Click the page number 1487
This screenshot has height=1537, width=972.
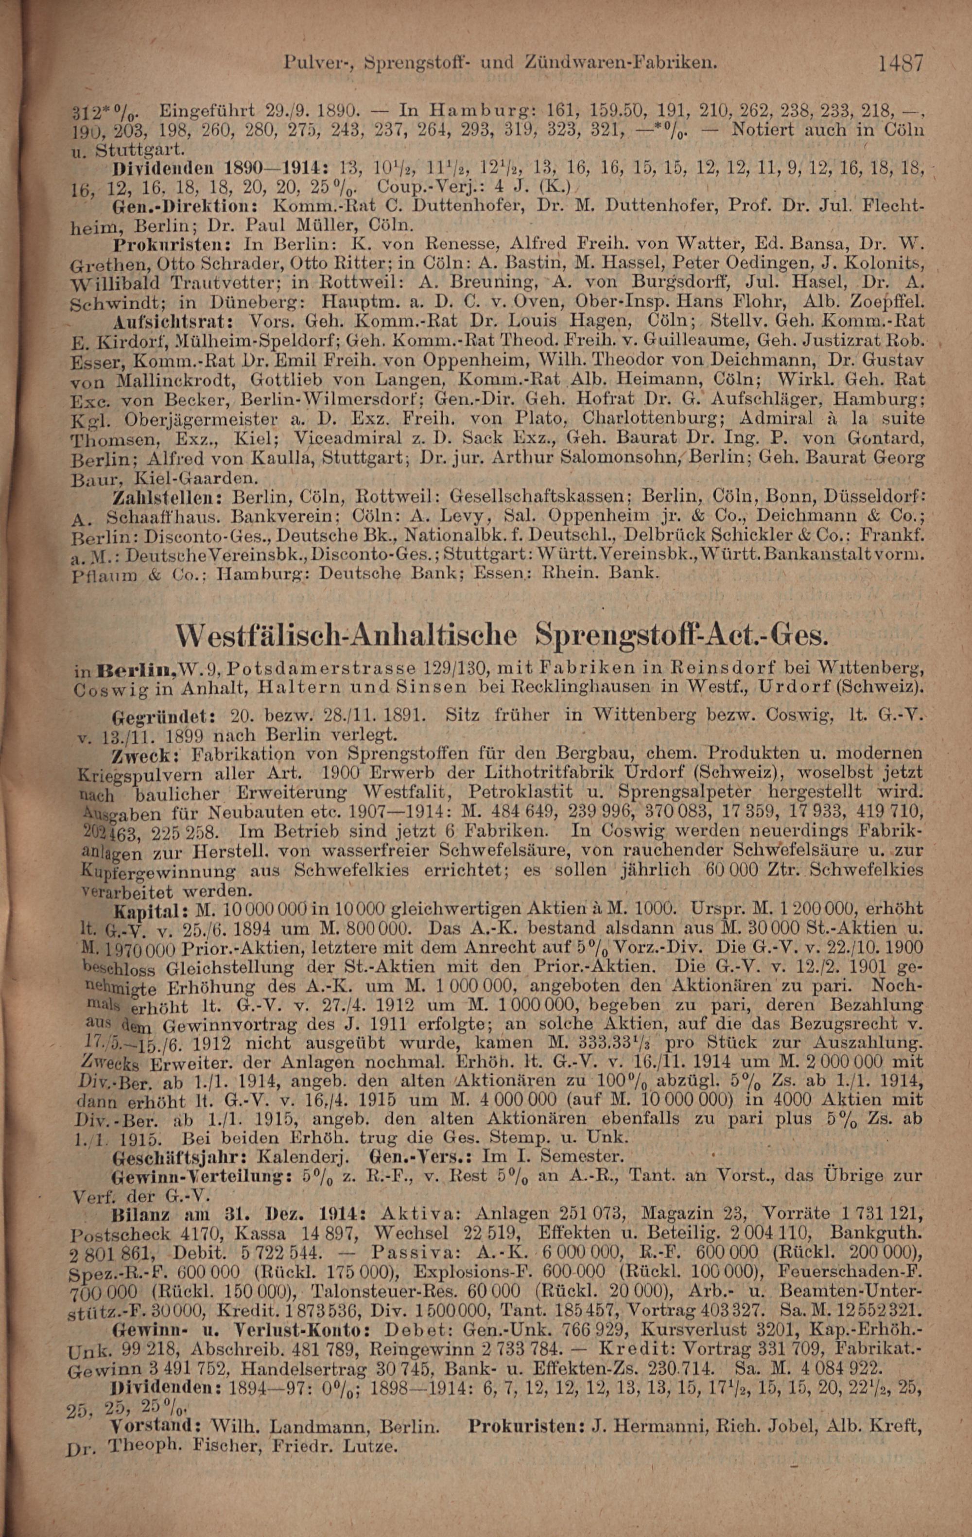pos(901,63)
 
